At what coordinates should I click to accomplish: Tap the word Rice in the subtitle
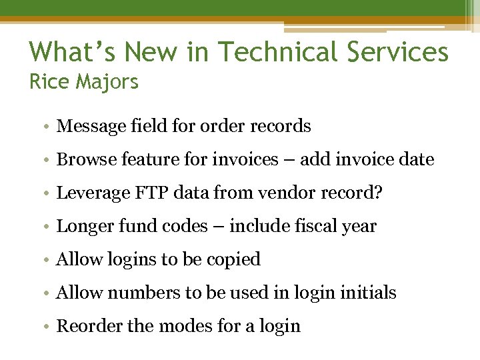pos(49,82)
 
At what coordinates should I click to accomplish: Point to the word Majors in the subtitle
pos(107,82)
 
